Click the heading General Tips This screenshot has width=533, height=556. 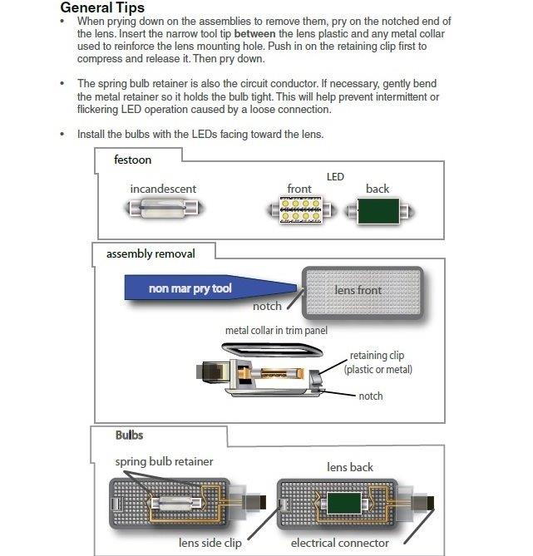102,7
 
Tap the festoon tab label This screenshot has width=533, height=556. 132,160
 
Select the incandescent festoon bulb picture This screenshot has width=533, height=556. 163,207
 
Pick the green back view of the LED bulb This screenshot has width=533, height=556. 378,209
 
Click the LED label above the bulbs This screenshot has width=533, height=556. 335,177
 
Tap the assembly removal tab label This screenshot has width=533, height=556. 150,253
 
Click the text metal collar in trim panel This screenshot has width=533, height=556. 277,330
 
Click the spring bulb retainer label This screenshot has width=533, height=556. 164,461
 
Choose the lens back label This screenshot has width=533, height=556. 350,467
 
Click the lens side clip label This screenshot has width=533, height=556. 211,543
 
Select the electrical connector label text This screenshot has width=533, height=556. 340,543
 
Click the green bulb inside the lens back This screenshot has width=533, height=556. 340,504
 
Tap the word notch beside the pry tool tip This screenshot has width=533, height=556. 267,307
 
